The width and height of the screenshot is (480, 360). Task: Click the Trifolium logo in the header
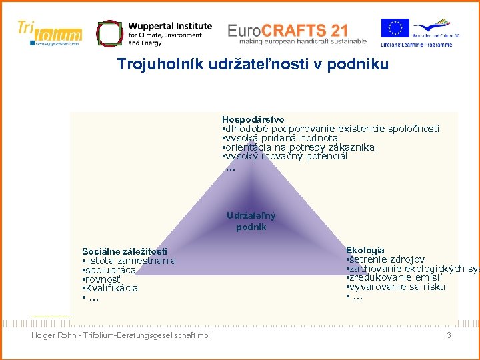(x=50, y=33)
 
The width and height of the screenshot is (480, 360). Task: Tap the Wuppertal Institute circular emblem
(x=109, y=33)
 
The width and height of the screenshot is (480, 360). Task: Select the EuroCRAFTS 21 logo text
(x=287, y=30)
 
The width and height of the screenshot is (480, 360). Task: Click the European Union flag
(x=395, y=29)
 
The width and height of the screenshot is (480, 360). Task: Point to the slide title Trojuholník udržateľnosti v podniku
(x=253, y=65)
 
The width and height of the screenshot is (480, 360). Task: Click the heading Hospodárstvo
(x=253, y=119)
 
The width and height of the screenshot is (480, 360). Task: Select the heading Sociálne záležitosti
(x=125, y=251)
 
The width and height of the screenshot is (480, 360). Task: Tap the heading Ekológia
(x=365, y=250)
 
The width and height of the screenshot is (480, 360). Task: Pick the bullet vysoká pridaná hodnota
(x=281, y=138)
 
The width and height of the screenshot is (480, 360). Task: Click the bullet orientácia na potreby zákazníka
(x=299, y=147)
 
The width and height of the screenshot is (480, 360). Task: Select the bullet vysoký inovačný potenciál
(x=285, y=156)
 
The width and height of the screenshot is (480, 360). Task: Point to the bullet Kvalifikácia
(x=111, y=288)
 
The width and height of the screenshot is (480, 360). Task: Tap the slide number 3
(x=449, y=335)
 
